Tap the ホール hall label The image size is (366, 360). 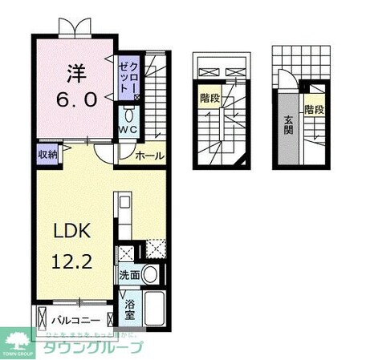(x=149, y=156)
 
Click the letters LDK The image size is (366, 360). (x=71, y=231)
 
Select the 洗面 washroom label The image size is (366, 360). (x=130, y=273)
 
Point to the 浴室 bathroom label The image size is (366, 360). (x=129, y=309)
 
